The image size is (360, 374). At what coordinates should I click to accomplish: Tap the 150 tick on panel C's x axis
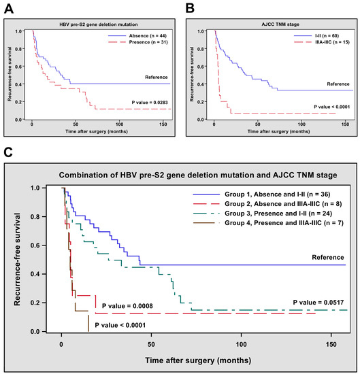tap(329, 343)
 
